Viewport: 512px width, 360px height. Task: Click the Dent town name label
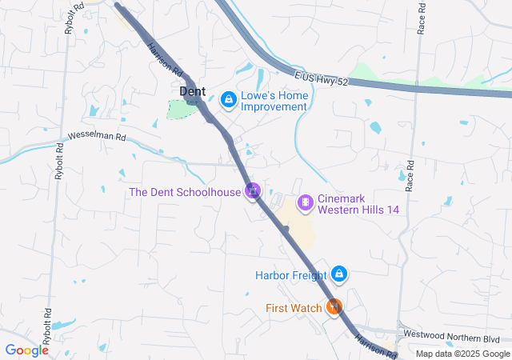tap(192, 92)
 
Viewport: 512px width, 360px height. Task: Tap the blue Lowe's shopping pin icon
tap(228, 99)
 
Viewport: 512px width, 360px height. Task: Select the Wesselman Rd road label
tap(98, 137)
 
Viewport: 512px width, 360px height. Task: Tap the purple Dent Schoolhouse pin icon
tap(253, 191)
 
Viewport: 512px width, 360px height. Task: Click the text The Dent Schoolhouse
tap(185, 192)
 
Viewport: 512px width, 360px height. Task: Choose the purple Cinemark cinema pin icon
tap(305, 203)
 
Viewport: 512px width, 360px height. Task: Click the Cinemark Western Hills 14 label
tap(358, 204)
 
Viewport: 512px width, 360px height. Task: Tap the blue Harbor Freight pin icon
tap(338, 274)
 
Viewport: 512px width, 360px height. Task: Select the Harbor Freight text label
tap(290, 275)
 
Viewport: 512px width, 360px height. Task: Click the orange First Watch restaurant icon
tap(334, 306)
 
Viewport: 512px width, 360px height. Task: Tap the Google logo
tap(27, 350)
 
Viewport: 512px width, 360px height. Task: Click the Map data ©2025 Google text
tap(462, 354)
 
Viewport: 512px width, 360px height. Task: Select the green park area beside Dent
tap(182, 109)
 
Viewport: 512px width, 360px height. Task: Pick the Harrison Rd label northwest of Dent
tap(161, 60)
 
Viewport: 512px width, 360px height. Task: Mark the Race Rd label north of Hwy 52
tap(421, 20)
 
